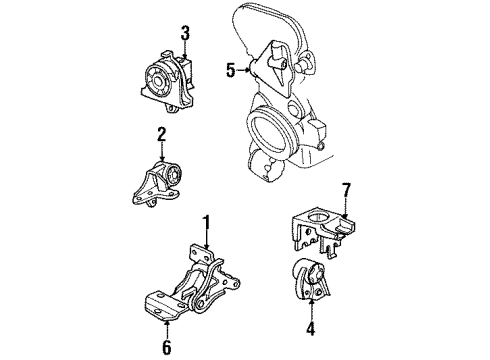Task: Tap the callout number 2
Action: (x=160, y=134)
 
